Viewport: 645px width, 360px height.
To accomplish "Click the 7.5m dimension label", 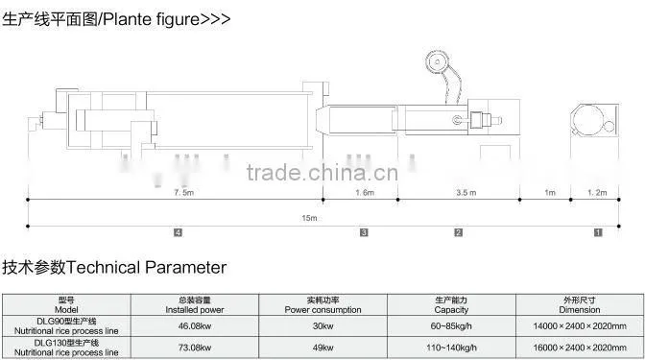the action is point(183,193).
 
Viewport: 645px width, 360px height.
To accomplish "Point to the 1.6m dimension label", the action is point(365,193).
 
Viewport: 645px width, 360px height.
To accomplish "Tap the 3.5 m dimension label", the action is point(466,193).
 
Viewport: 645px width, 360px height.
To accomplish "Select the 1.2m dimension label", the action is point(597,193).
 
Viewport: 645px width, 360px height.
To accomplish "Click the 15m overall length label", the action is point(309,218).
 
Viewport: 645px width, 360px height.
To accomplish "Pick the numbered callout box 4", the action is point(178,233).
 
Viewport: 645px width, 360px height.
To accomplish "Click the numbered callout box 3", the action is point(364,233).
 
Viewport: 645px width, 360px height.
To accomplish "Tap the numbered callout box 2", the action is point(458,233).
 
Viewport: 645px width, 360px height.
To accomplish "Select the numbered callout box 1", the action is point(598,233).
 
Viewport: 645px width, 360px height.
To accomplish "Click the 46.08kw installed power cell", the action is point(195,326).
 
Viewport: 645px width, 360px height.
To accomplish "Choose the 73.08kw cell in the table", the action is point(195,348).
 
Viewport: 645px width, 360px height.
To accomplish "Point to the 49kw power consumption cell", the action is point(322,348).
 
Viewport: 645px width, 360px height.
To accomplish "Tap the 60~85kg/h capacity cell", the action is point(451,326).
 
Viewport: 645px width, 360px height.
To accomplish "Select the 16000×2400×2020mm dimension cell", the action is point(580,348).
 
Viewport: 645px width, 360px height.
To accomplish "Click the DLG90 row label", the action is point(66,325).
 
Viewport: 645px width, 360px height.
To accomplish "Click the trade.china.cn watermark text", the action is point(322,173).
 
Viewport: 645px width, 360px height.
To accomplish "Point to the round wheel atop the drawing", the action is point(438,62).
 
